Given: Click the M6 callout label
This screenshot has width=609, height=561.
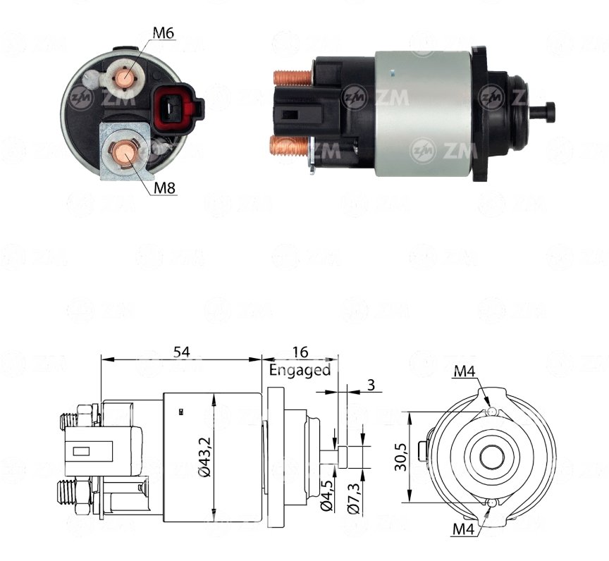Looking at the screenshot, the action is tap(163, 33).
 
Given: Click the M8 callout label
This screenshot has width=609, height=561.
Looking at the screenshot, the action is tap(165, 188).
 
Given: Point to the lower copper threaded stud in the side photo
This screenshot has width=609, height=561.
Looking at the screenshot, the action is tap(290, 149).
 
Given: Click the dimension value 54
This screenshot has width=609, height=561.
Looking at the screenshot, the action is tap(181, 352).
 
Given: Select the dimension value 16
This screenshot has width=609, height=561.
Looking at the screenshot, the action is tap(300, 352).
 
